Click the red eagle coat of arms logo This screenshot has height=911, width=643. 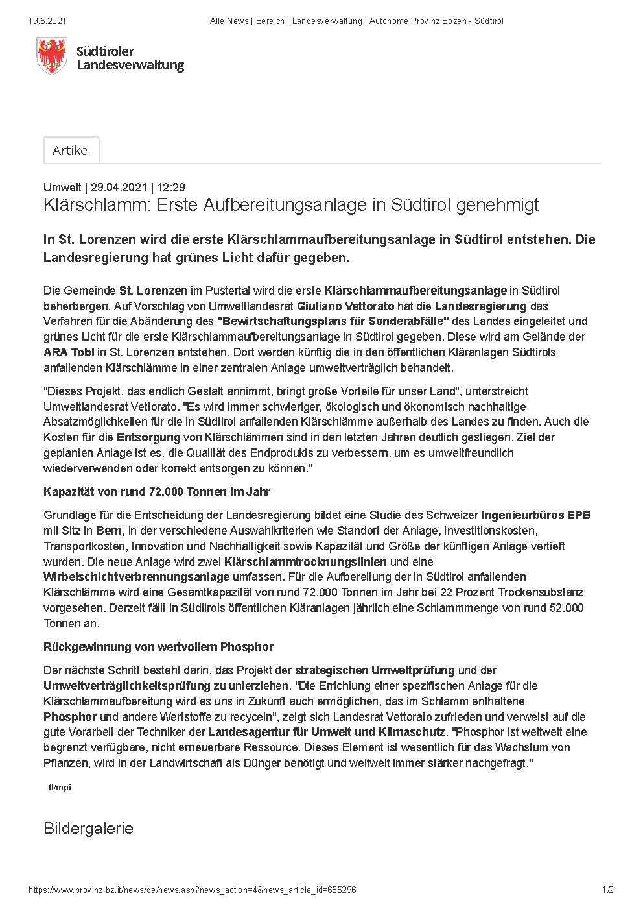(x=52, y=55)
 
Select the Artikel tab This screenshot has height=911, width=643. (x=71, y=151)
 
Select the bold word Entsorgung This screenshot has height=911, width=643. (x=148, y=437)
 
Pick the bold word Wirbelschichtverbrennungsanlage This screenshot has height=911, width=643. (x=136, y=577)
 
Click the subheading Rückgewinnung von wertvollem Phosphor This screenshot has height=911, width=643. (x=158, y=647)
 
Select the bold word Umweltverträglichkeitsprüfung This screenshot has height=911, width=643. (x=126, y=686)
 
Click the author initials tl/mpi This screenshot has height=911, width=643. (x=60, y=787)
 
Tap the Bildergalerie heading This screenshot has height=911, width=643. (x=88, y=829)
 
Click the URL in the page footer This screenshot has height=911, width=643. (x=193, y=890)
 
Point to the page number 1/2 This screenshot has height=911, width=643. (x=607, y=890)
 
